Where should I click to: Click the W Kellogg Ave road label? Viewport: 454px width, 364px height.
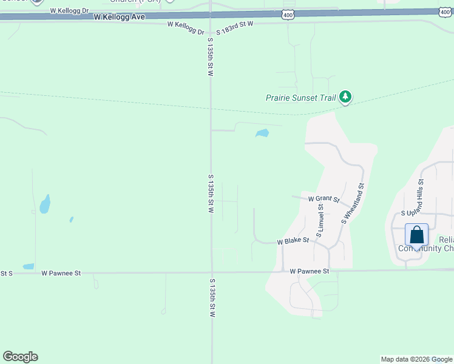pos(120,17)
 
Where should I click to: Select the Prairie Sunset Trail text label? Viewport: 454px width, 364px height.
pos(301,97)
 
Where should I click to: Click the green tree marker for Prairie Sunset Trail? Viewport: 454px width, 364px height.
pos(345,97)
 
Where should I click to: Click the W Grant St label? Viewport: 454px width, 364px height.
pos(323,198)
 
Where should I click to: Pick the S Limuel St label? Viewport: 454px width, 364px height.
pos(320,220)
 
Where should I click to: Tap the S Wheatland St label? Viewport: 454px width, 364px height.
pos(353,204)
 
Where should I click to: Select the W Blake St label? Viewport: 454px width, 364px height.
pos(293,241)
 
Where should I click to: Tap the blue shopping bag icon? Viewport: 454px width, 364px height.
pos(417,235)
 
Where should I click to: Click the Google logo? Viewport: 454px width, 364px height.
pos(20,357)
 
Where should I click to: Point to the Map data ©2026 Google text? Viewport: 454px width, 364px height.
pos(417,359)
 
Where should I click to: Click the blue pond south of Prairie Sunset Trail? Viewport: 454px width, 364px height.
pos(262,133)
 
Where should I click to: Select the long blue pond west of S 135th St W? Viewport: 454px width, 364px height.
pos(45,204)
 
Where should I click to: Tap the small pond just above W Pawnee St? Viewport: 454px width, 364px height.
pos(29,266)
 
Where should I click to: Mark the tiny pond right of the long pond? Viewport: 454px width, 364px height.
pos(71,219)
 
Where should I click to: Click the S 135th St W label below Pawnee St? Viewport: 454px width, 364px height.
pos(212,298)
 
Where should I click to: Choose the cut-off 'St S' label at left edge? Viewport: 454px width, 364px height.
pos(7,274)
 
